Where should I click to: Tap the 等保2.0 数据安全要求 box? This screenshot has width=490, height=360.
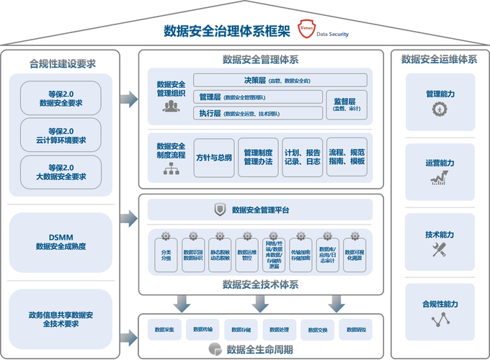(61, 97)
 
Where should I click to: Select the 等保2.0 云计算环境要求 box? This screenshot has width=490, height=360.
(61, 135)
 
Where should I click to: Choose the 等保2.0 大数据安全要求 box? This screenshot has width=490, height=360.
(61, 172)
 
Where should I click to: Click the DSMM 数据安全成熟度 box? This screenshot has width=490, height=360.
(61, 241)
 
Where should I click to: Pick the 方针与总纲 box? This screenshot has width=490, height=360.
(214, 158)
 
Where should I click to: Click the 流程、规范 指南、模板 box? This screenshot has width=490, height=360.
(347, 158)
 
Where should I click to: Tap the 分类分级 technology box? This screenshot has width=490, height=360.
(166, 253)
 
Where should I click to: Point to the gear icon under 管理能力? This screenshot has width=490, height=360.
(440, 110)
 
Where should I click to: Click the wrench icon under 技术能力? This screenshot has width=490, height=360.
(440, 251)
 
